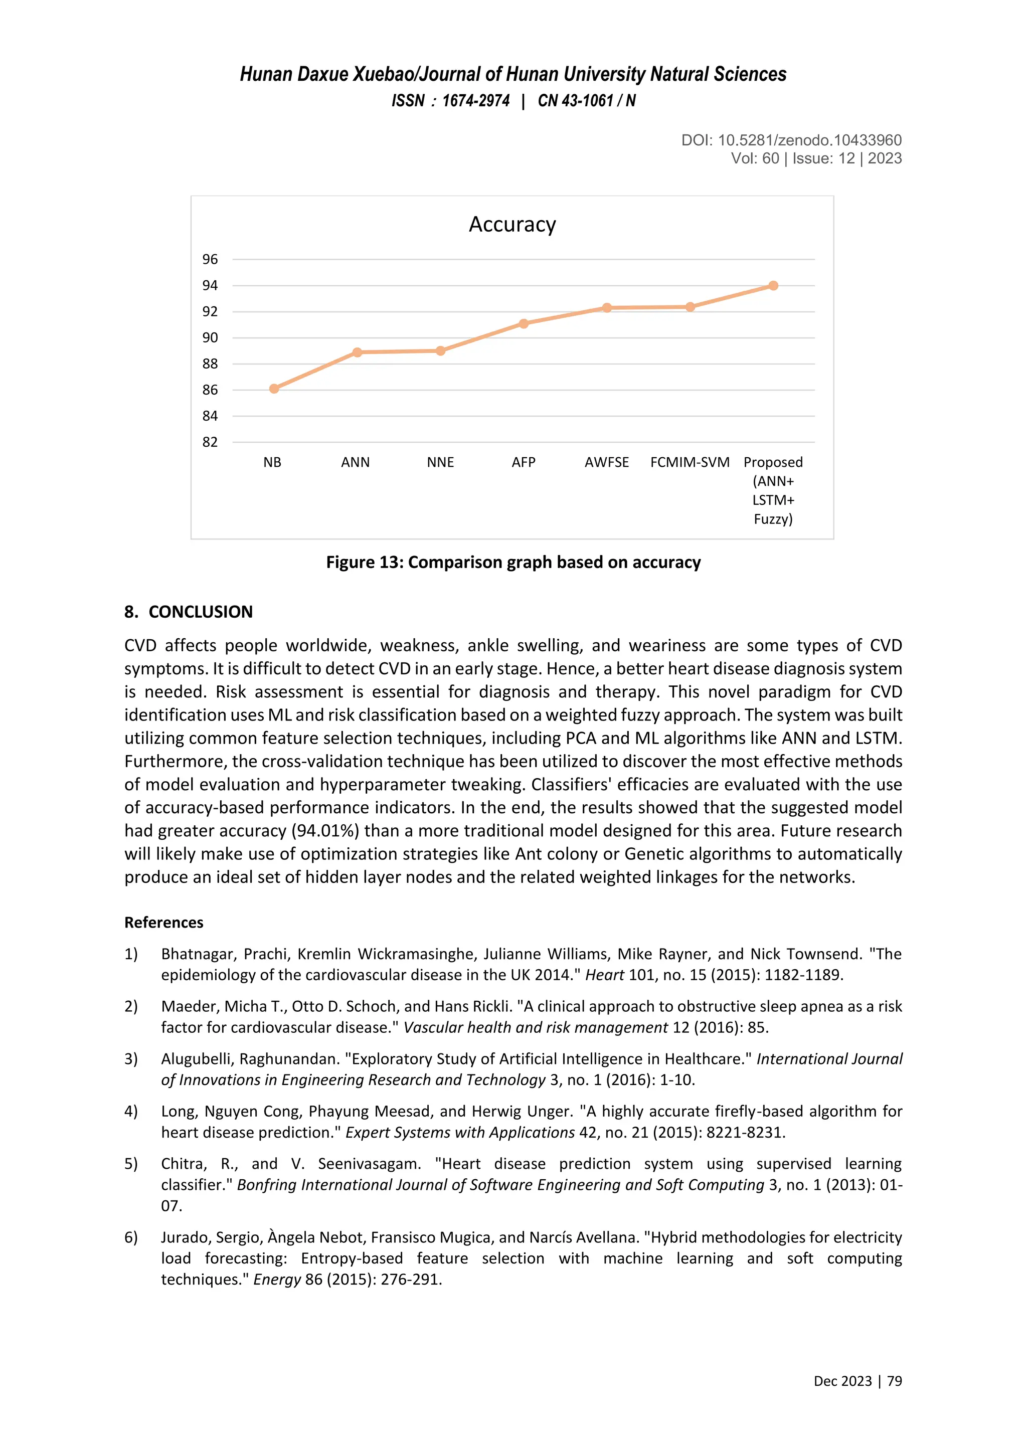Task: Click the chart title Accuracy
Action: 512,225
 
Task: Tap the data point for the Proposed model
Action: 773,286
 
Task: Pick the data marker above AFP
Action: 524,324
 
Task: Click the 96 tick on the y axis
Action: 210,259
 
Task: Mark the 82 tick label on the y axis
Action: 210,442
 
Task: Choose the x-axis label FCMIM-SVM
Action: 690,462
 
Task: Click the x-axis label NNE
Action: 440,462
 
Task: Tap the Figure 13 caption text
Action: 513,562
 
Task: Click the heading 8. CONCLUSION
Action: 189,612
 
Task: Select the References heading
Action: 164,922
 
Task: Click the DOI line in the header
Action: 791,140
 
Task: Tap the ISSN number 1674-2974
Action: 475,101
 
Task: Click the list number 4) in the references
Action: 131,1111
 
